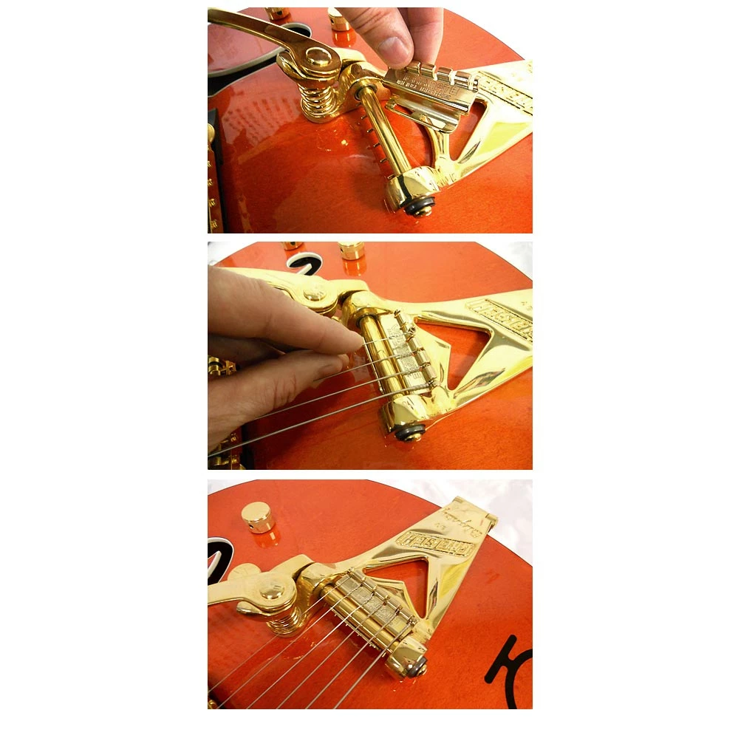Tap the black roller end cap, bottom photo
[418, 667]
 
